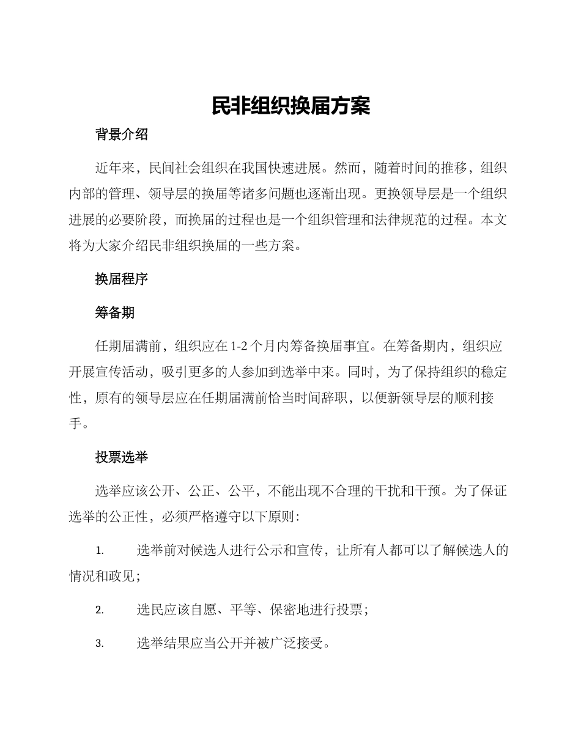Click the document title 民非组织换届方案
click(x=290, y=106)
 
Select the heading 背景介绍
click(x=121, y=135)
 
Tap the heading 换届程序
click(x=121, y=279)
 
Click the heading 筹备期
click(x=114, y=313)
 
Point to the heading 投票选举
click(x=121, y=457)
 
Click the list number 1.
click(x=100, y=551)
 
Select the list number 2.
click(x=100, y=610)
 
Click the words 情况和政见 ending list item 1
click(x=102, y=576)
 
